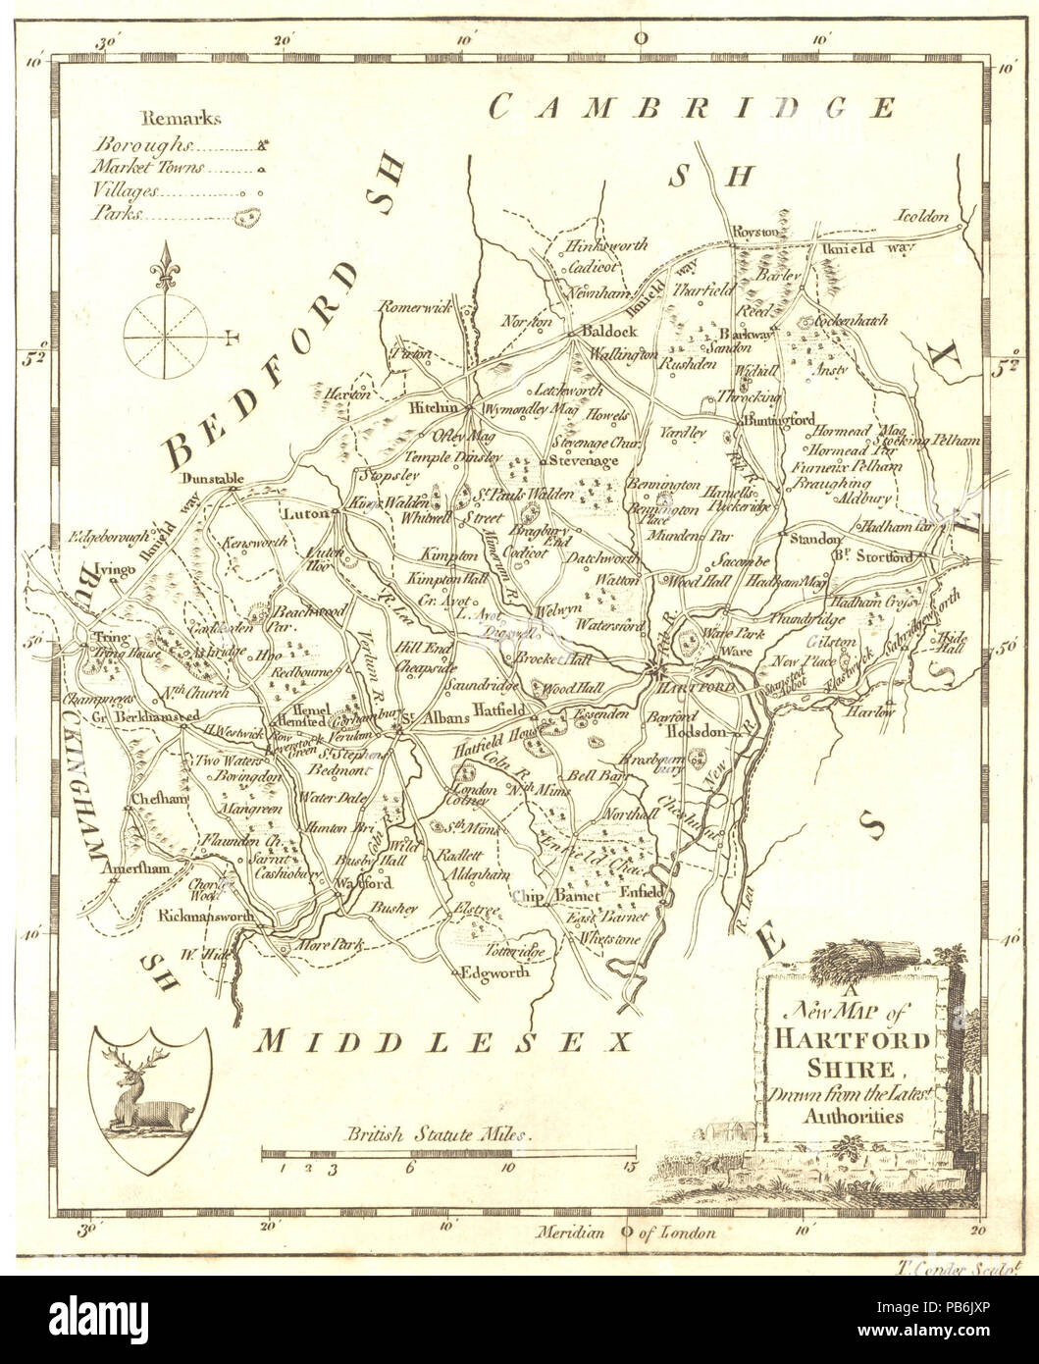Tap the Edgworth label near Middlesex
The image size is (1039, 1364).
pos(496,972)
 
